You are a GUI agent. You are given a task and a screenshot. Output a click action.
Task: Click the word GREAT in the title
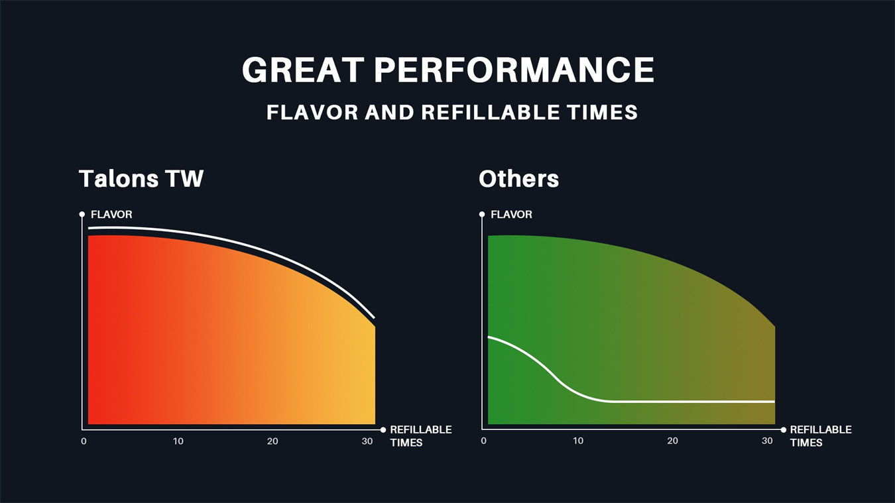tap(303, 70)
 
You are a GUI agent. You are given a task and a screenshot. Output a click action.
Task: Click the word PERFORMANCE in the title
tap(514, 70)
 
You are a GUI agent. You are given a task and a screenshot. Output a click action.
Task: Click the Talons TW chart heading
tap(141, 178)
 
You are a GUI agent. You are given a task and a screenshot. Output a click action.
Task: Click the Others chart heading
tap(518, 178)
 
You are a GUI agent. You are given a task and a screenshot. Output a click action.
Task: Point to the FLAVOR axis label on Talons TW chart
tap(111, 215)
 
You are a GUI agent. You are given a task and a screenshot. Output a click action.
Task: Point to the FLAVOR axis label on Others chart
tap(511, 215)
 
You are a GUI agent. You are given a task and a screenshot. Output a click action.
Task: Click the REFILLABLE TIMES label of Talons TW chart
tap(421, 436)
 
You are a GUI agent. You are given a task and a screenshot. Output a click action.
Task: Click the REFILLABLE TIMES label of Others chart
tap(821, 436)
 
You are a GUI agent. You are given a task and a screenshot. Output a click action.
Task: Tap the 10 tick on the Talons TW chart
tap(178, 441)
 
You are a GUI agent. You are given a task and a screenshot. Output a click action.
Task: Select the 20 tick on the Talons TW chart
tap(272, 441)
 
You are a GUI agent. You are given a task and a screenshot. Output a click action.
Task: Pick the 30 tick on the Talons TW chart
tap(367, 441)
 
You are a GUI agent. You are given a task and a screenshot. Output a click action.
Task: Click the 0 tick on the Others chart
tap(483, 441)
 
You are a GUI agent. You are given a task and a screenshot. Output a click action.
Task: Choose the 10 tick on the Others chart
tap(578, 441)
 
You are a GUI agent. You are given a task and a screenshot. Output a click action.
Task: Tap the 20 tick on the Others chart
tap(672, 441)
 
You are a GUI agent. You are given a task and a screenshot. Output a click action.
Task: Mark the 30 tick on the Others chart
tap(767, 441)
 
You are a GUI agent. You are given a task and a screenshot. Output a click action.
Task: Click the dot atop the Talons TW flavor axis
tap(82, 215)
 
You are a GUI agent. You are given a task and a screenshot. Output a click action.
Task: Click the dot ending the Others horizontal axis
tap(784, 430)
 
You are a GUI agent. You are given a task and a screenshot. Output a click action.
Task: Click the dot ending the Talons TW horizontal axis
tap(383, 430)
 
